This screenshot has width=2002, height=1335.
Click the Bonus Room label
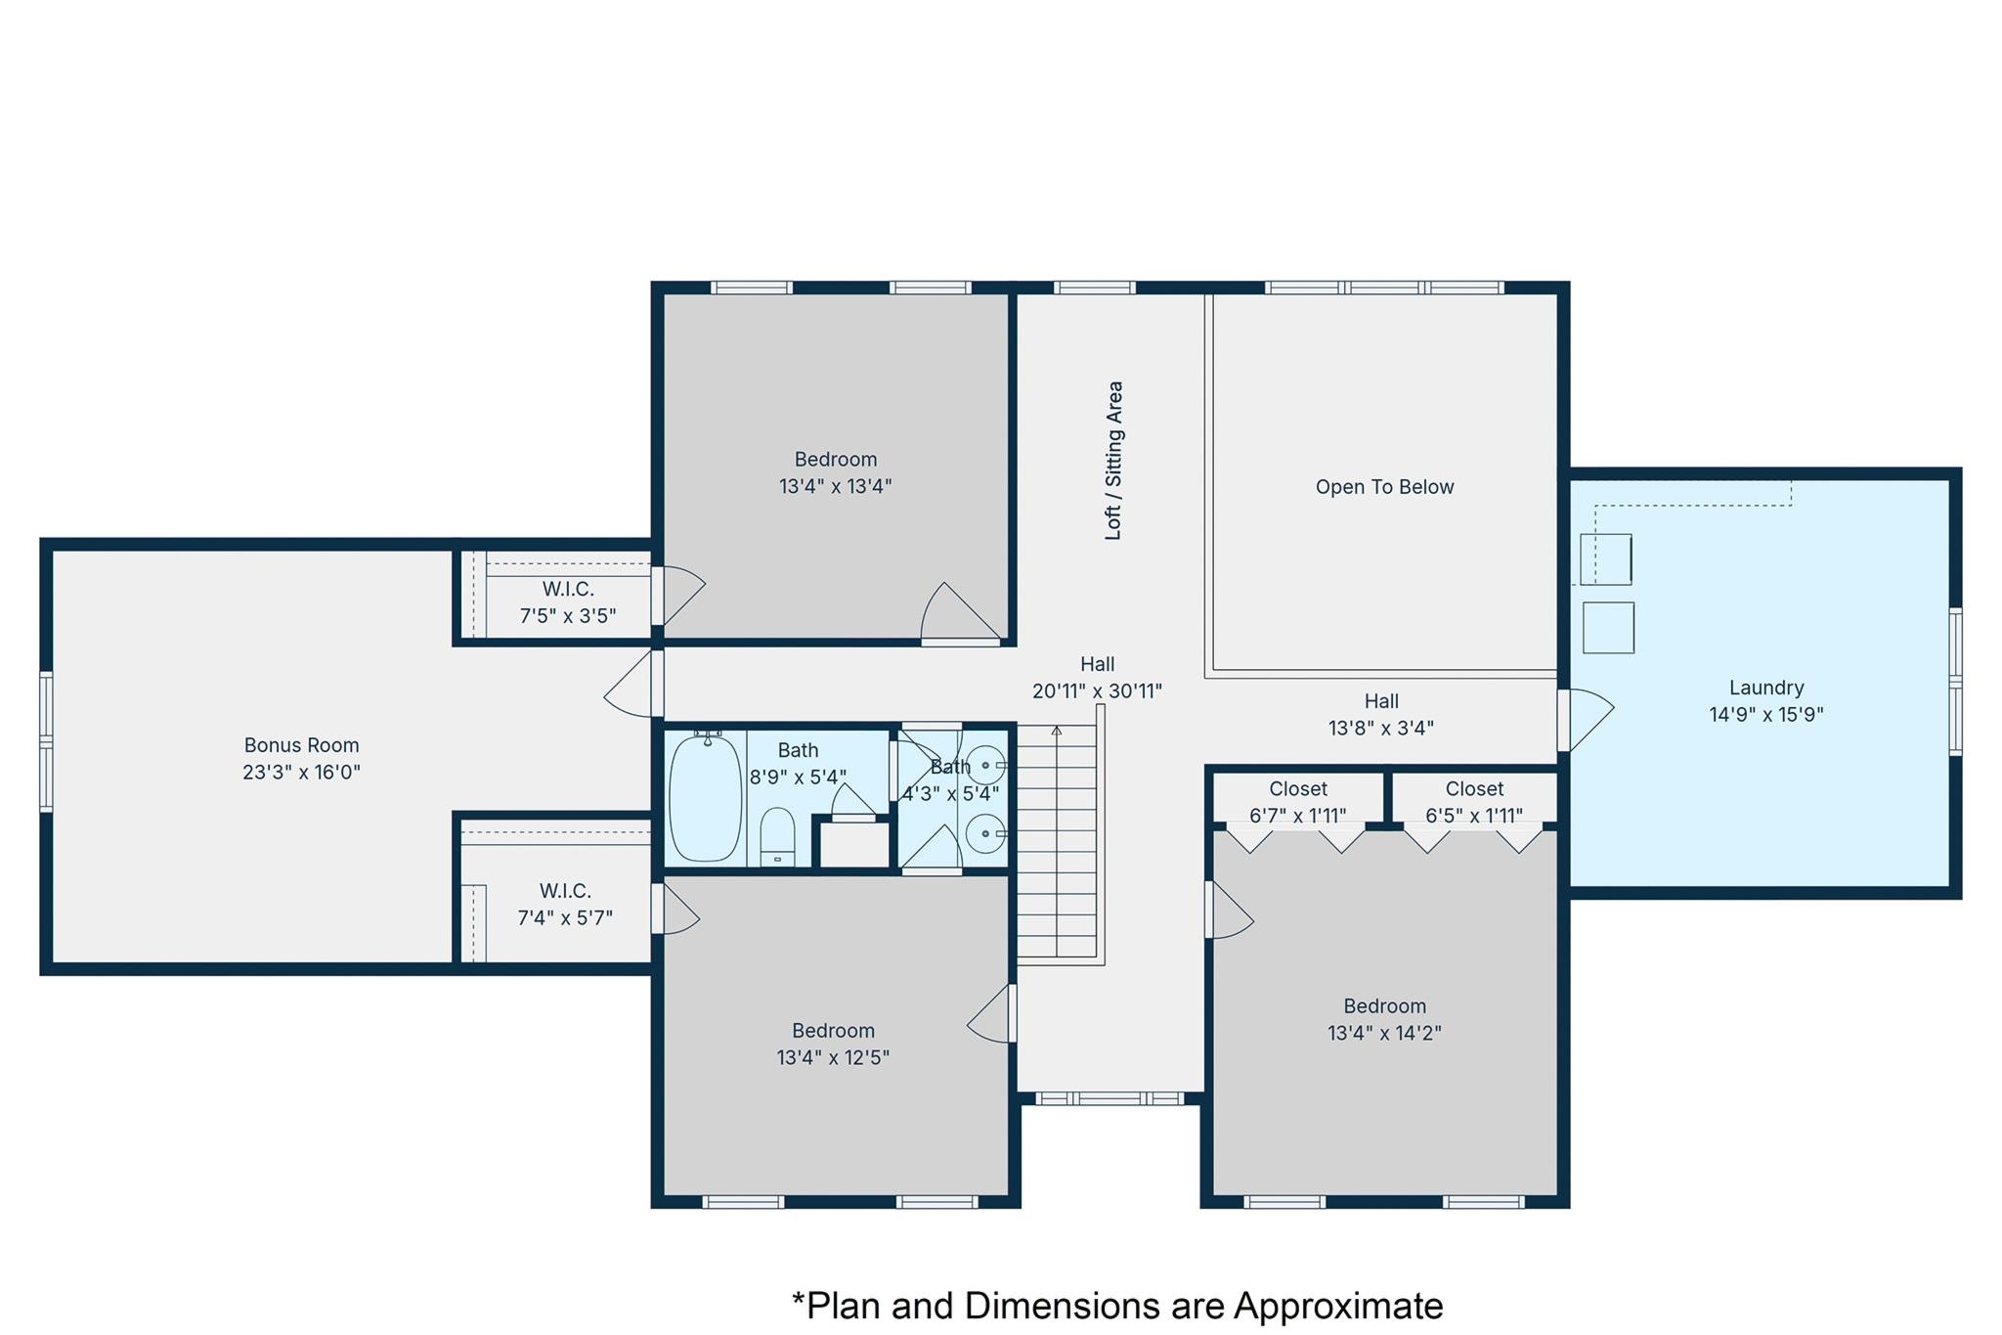[301, 745]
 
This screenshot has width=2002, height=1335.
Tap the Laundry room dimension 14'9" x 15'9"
[1765, 715]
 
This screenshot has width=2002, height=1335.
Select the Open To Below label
[1384, 487]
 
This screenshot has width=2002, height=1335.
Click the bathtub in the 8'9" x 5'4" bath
[705, 798]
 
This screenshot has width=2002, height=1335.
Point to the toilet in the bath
[777, 837]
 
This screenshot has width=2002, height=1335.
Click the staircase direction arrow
[1056, 731]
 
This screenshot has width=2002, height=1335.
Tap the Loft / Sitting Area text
[1113, 460]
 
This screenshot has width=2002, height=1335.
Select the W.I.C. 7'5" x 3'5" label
[568, 602]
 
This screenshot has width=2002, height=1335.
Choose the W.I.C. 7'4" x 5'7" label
[565, 905]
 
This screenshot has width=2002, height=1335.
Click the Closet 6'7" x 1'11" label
[1297, 802]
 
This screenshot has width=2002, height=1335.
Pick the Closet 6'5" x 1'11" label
[1474, 802]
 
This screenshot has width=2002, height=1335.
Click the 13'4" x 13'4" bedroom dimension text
[835, 486]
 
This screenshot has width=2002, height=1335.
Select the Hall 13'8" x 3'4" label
[1380, 715]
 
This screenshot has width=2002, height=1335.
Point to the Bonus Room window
[46, 741]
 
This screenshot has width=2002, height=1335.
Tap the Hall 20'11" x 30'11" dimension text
[1097, 691]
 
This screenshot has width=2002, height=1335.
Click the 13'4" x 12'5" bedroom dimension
[833, 1058]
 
